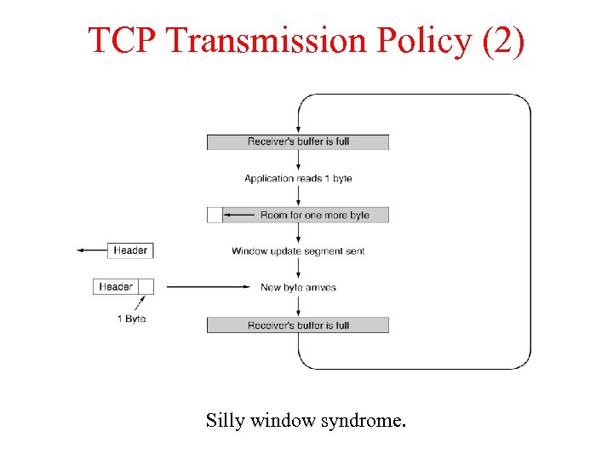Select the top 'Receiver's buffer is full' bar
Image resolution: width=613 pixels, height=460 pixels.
(x=298, y=141)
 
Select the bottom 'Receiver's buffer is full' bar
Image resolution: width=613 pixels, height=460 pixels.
(x=298, y=325)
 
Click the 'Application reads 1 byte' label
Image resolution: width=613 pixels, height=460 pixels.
(x=298, y=178)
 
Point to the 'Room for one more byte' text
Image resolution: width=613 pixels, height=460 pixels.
(x=314, y=215)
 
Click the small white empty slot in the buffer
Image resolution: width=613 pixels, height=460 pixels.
(x=215, y=215)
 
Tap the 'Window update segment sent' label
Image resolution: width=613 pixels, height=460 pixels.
(x=298, y=251)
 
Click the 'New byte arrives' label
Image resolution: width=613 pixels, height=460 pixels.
(x=298, y=288)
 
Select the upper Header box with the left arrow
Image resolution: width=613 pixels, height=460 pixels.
(x=130, y=250)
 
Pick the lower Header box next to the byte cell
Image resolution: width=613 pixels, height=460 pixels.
(x=116, y=287)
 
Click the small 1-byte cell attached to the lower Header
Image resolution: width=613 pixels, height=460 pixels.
(x=146, y=287)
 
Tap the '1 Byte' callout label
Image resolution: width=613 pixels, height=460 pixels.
(x=131, y=319)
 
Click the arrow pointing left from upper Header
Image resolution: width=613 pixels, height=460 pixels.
(x=91, y=250)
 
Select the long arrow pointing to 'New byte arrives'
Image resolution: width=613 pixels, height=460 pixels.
(x=209, y=288)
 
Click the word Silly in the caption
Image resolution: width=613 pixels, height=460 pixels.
(x=223, y=420)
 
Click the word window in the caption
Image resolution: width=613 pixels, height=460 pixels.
(x=281, y=420)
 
